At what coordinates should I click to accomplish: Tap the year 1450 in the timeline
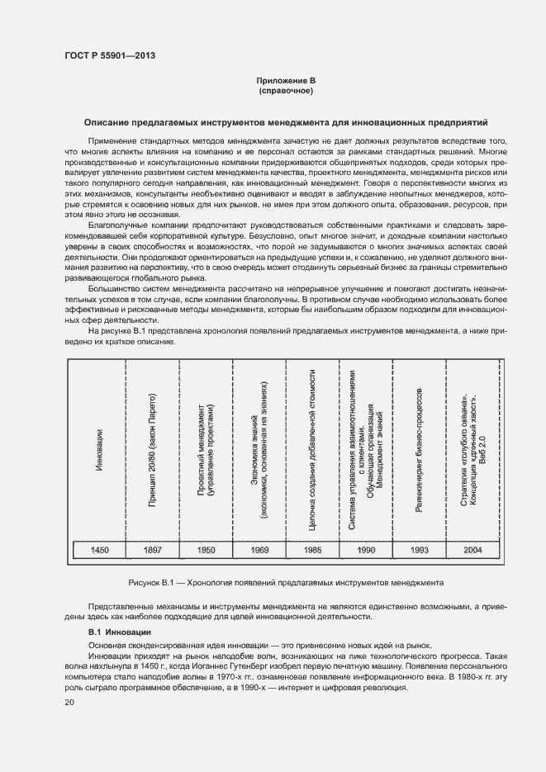98,549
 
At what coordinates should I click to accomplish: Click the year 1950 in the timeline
206,549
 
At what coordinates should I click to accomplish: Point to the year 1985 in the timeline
312,549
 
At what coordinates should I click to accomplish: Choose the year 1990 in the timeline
366,549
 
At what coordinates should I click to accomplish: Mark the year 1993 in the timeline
419,549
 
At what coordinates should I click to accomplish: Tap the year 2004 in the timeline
472,549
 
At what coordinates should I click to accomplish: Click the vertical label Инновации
98,449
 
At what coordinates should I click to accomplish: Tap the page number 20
69,702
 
